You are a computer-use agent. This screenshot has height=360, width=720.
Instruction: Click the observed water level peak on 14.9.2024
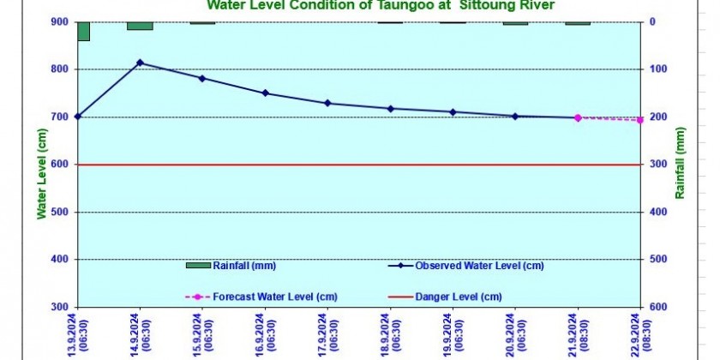click(141, 63)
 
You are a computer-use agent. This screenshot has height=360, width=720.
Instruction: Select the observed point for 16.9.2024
click(266, 93)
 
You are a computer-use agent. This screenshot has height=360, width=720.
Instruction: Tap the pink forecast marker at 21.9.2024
click(578, 117)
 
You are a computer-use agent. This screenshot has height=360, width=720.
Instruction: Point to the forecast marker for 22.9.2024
click(640, 120)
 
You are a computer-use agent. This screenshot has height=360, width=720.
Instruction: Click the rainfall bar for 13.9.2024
click(83, 31)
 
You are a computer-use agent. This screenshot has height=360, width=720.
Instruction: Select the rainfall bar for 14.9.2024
click(140, 26)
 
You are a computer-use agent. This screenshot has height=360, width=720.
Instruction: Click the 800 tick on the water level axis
click(62, 69)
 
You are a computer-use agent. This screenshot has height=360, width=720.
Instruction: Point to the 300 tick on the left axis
click(62, 307)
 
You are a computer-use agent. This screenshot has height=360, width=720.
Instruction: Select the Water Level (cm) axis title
click(40, 173)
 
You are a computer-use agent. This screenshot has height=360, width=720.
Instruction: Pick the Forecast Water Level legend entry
click(274, 297)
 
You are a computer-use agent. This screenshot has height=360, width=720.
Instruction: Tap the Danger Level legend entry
click(458, 297)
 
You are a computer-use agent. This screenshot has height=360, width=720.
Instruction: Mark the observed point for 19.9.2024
click(453, 111)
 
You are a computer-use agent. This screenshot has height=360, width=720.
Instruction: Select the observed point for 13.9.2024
click(78, 116)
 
